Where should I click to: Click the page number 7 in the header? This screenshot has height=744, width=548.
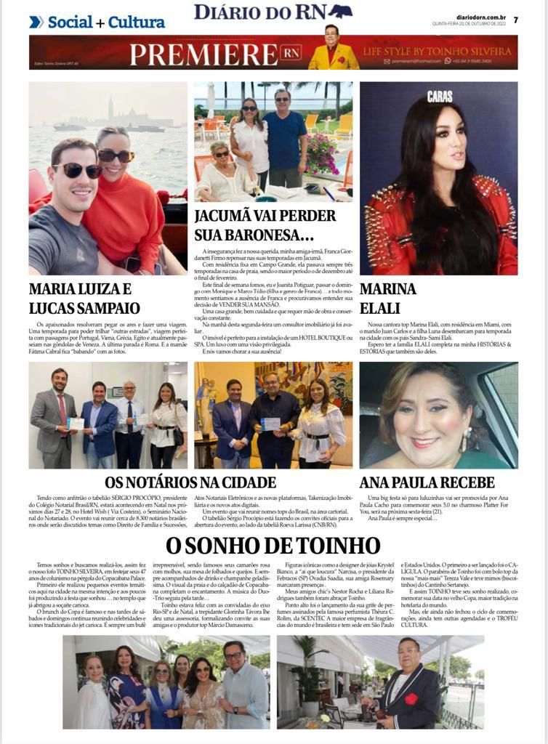coord(515,20)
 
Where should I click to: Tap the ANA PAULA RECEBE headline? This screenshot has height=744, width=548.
coord(427,482)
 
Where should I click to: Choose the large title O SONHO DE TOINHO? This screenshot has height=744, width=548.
coord(273,545)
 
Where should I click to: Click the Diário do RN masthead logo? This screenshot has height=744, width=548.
coord(273,12)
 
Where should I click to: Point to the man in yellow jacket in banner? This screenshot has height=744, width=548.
coord(333,51)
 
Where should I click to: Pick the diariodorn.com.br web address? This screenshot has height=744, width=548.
coord(479,16)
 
